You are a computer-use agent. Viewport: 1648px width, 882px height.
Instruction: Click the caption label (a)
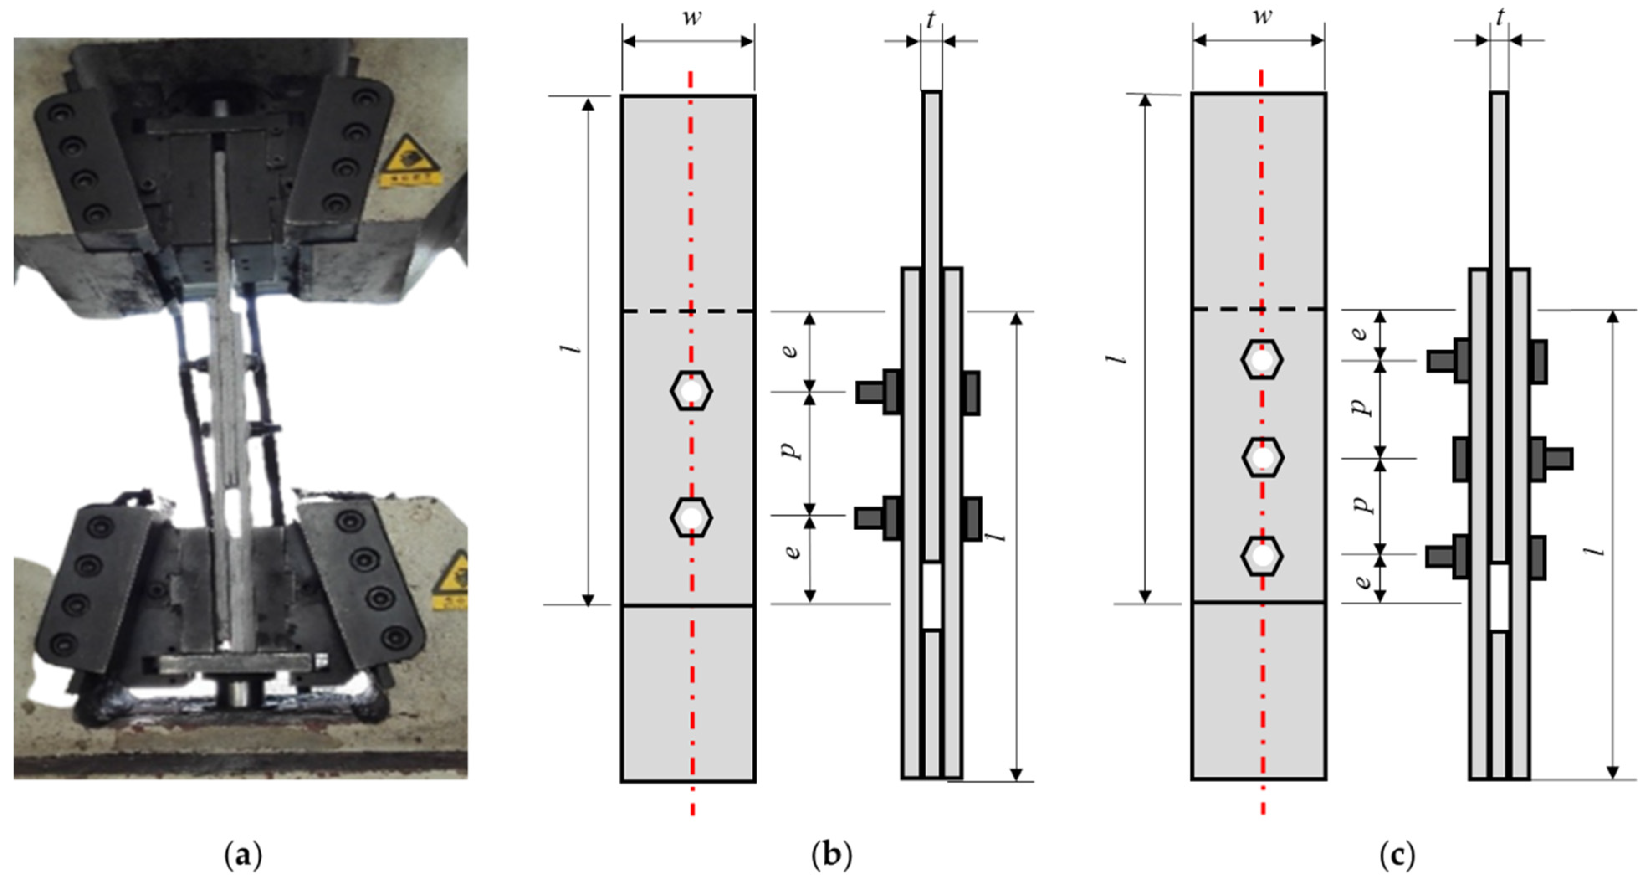[243, 855]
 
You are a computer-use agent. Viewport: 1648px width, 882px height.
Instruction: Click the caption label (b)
[831, 855]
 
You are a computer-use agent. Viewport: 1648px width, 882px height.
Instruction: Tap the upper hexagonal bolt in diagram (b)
[691, 391]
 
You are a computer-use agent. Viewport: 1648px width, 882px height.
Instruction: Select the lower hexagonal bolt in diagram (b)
[691, 517]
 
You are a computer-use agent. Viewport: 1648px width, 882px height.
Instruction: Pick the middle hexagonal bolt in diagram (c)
[1262, 458]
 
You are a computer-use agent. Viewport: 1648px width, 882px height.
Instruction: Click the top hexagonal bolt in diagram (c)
[1262, 360]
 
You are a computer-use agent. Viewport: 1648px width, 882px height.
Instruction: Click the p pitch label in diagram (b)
[792, 450]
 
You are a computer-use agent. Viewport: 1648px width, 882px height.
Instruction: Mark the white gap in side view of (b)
[932, 595]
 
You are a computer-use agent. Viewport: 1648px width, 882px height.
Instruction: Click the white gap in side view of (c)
[1500, 597]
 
